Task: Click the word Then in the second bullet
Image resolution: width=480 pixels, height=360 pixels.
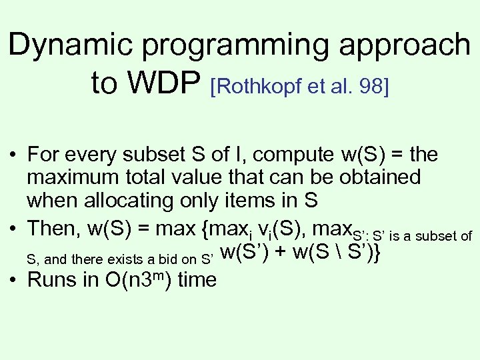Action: pyautogui.click(x=53, y=228)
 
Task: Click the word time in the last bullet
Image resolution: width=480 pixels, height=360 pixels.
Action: pyautogui.click(x=197, y=279)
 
